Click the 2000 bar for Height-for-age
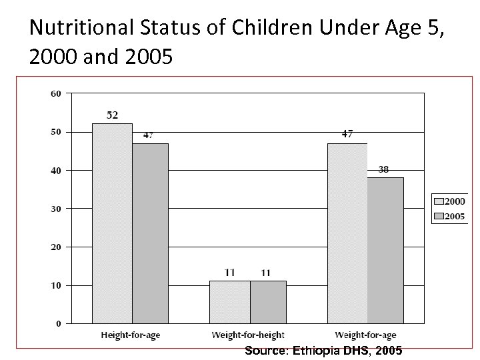click(x=112, y=223)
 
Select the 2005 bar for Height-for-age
click(x=150, y=233)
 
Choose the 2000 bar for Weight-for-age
click(x=348, y=233)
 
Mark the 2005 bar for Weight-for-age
click(x=385, y=250)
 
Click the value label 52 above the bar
click(x=112, y=115)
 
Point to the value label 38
click(x=384, y=169)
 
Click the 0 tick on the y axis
click(x=58, y=324)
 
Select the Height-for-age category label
click(x=130, y=335)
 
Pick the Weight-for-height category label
click(x=248, y=335)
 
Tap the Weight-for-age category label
click(x=365, y=335)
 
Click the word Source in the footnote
click(x=265, y=350)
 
